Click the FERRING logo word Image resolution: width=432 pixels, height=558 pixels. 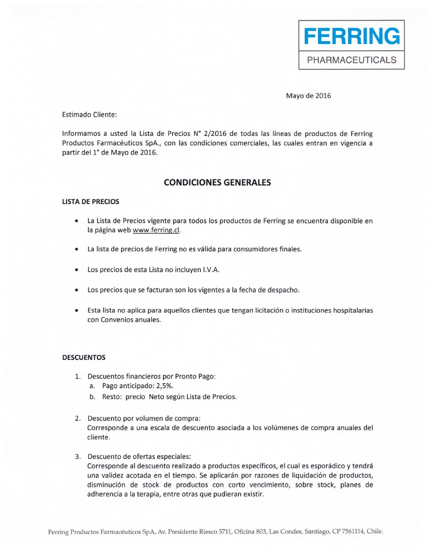tap(351, 36)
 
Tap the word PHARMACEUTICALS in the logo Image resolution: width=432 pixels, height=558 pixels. tap(351, 60)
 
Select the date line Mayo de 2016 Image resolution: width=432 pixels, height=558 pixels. tap(308, 96)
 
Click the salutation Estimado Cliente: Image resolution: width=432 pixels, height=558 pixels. tap(89, 115)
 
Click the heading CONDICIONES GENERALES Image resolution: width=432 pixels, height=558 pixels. tap(217, 183)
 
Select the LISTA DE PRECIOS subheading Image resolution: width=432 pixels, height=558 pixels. tap(91, 202)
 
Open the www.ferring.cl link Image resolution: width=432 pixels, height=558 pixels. tap(156, 230)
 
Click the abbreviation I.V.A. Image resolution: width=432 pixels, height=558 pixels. tap(211, 270)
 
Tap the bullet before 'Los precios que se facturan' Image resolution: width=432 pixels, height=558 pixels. tap(76, 290)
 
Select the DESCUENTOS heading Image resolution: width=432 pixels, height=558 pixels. tap(84, 357)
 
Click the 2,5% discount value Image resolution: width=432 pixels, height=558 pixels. tap(165, 386)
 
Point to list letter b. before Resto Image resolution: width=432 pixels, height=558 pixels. tap(92, 397)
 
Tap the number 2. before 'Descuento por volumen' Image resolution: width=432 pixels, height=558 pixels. tap(78, 418)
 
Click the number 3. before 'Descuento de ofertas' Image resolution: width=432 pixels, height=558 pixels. tap(78, 457)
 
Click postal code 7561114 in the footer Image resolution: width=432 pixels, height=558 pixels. tap(351, 531)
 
